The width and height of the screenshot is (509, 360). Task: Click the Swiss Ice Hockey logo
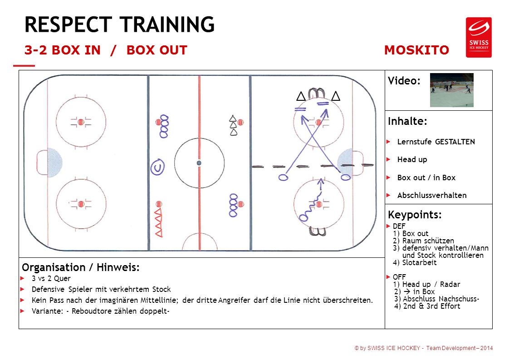pyautogui.click(x=479, y=37)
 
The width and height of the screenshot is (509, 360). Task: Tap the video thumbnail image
pyautogui.click(x=451, y=90)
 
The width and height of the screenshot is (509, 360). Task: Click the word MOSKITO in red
pyautogui.click(x=416, y=50)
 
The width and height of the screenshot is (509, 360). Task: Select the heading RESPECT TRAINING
pyautogui.click(x=119, y=25)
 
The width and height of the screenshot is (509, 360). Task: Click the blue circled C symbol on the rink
pyautogui.click(x=157, y=167)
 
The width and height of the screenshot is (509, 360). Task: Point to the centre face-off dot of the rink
pyautogui.click(x=199, y=163)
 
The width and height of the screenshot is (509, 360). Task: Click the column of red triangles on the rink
pyautogui.click(x=158, y=222)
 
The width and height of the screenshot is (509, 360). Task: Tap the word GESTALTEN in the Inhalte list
pyautogui.click(x=455, y=142)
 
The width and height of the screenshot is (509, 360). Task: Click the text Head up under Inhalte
pyautogui.click(x=412, y=159)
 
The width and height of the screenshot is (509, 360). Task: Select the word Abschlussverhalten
pyautogui.click(x=432, y=195)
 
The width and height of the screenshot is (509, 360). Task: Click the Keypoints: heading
pyautogui.click(x=415, y=215)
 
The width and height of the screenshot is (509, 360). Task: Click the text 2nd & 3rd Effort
pyautogui.click(x=431, y=306)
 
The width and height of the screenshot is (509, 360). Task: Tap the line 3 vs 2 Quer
pyautogui.click(x=51, y=278)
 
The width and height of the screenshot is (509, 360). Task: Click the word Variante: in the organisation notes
pyautogui.click(x=47, y=311)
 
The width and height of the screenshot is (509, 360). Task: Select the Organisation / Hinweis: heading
pyautogui.click(x=80, y=267)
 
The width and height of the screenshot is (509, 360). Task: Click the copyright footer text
pyautogui.click(x=424, y=348)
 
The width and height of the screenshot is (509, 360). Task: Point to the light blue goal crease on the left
pyautogui.click(x=54, y=163)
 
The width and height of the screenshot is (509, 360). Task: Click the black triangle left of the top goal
pyautogui.click(x=301, y=96)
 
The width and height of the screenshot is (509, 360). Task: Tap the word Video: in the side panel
pyautogui.click(x=404, y=80)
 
